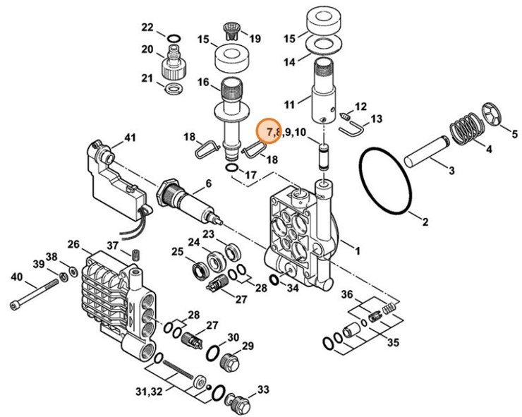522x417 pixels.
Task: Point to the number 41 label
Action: pos(130,138)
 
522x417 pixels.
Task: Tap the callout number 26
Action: pos(74,244)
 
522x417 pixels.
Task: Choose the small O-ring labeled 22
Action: pos(172,37)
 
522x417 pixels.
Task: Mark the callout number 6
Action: pos(208,185)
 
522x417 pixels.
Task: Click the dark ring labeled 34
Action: pos(274,283)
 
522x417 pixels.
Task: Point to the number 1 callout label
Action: pos(357,250)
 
